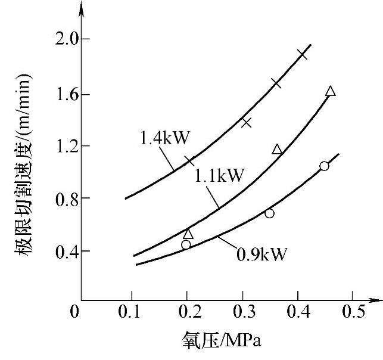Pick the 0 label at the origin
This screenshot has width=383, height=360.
[x=74, y=312]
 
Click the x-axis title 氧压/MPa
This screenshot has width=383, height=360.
[x=221, y=342]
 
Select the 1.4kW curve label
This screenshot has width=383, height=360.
[x=165, y=138]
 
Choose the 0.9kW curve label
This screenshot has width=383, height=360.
[x=262, y=255]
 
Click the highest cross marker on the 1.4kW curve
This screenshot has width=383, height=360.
[x=302, y=54]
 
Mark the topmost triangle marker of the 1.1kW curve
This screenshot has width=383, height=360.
[x=331, y=91]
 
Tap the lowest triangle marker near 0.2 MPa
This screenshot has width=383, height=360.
[x=188, y=234]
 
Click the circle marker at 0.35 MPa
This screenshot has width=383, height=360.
[x=269, y=213]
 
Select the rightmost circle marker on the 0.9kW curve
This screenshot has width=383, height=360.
[x=323, y=166]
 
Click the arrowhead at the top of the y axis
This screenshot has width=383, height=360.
[x=82, y=8]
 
